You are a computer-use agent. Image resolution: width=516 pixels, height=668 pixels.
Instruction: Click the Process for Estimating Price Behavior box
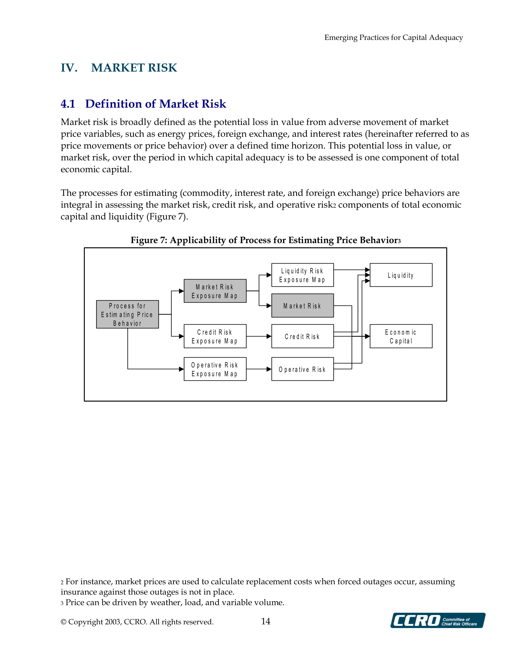[x=128, y=314]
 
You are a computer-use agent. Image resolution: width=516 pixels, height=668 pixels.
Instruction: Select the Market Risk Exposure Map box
[x=215, y=291]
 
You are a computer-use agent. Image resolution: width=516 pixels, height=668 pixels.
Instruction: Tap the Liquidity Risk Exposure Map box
[x=303, y=275]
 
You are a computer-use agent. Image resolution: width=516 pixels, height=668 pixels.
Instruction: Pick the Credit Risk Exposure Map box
[x=215, y=336]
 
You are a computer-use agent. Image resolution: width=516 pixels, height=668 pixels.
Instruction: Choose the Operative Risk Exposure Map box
[x=215, y=369]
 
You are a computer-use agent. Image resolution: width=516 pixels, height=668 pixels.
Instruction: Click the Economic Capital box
[x=401, y=336]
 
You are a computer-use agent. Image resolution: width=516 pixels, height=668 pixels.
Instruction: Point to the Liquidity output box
[x=401, y=275]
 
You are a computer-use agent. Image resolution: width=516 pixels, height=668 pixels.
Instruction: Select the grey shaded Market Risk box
[x=303, y=306]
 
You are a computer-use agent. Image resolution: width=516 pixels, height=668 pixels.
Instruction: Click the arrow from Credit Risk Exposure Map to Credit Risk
[x=259, y=336]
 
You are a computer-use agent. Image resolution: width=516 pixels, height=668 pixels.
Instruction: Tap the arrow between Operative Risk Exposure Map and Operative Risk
[x=259, y=369]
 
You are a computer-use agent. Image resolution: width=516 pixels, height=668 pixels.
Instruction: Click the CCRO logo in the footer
[x=438, y=621]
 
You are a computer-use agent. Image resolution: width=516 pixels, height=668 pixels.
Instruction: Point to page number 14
[x=266, y=621]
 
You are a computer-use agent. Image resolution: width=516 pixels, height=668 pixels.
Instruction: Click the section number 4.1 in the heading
[x=68, y=104]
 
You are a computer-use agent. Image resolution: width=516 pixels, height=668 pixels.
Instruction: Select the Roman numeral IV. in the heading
[x=69, y=68]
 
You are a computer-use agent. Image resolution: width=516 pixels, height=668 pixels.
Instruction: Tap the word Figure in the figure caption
[x=144, y=240]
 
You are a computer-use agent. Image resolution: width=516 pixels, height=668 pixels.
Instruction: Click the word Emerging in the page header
[x=341, y=38]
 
